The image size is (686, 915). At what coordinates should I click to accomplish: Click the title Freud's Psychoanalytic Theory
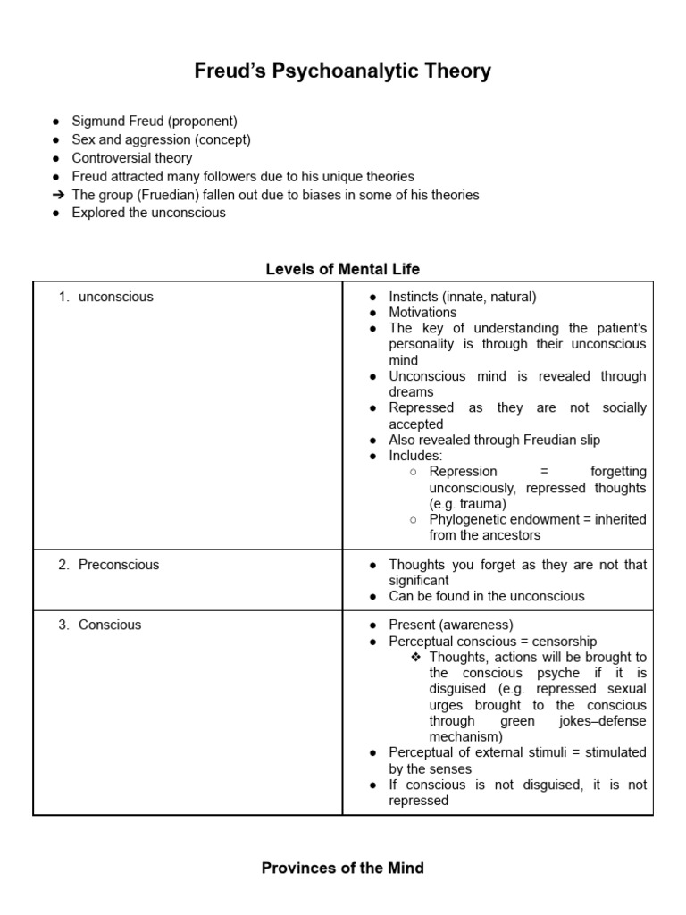(343, 71)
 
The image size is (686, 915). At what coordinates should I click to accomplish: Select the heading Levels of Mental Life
(343, 268)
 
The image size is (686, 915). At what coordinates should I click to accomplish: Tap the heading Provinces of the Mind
(343, 868)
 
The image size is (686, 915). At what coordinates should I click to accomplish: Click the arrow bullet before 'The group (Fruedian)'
(56, 195)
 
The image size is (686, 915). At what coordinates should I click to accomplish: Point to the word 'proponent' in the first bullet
(202, 121)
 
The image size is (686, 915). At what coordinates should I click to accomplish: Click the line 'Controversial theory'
(131, 158)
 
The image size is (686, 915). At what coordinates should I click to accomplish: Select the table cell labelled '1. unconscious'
(115, 297)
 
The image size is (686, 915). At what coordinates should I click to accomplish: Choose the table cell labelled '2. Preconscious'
(118, 565)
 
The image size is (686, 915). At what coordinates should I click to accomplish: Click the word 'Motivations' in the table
(422, 313)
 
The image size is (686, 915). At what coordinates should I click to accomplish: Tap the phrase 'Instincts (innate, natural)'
(463, 297)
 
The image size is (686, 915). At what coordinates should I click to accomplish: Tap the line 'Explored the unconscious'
(148, 213)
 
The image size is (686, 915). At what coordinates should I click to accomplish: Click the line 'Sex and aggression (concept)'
(161, 139)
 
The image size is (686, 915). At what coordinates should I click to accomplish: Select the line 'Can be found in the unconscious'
(487, 596)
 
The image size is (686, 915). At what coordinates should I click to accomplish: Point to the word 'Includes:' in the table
(415, 456)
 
